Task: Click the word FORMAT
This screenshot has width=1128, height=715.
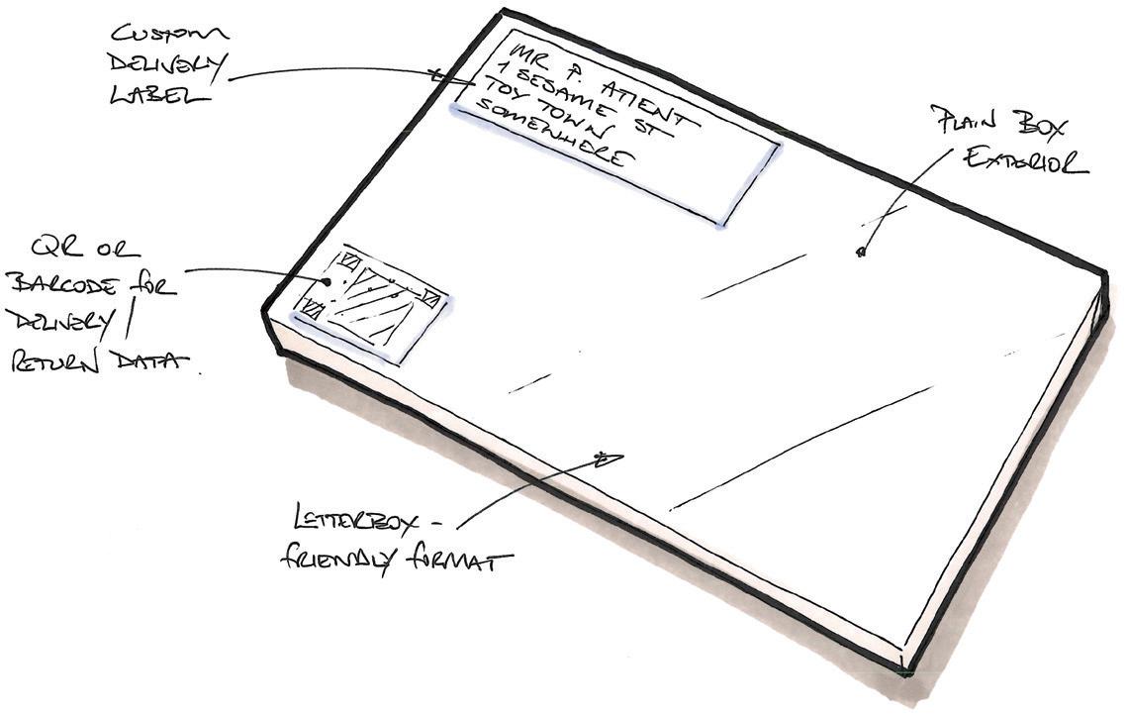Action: click(461, 562)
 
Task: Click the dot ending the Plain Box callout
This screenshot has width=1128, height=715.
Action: click(860, 254)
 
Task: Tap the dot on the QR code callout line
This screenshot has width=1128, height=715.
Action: click(326, 282)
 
